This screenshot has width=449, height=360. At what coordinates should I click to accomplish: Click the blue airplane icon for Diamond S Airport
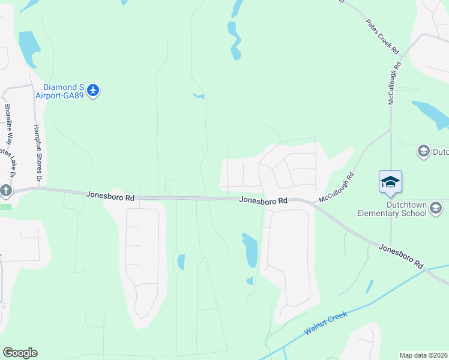92,91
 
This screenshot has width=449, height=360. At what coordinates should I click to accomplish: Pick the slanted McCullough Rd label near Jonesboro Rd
337,187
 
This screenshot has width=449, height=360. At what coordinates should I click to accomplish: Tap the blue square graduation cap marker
390,182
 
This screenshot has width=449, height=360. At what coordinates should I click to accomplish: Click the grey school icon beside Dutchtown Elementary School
436,208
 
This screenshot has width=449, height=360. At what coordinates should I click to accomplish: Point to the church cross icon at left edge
6,191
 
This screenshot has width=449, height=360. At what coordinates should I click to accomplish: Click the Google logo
20,353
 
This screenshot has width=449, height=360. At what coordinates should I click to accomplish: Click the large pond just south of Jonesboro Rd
250,250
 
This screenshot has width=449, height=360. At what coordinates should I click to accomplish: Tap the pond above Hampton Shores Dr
28,47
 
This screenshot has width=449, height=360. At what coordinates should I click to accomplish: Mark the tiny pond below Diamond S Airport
199,95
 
